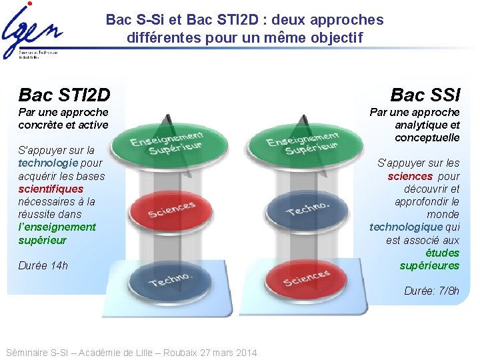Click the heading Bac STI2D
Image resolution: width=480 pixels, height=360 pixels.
[x=65, y=95]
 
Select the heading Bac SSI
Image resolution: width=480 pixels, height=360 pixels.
[x=425, y=95]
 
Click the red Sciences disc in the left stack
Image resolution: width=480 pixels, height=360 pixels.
[x=171, y=209]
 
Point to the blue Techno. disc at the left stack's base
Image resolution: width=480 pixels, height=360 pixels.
[x=171, y=280]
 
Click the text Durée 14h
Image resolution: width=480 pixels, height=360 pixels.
[x=43, y=265]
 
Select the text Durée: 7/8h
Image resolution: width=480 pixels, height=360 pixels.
[x=431, y=291]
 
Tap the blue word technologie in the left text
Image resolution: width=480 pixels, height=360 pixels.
[x=48, y=163]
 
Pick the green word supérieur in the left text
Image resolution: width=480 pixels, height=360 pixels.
[x=43, y=240]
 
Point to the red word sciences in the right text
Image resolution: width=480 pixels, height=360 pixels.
[x=410, y=176]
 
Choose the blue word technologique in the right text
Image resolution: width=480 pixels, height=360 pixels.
[x=406, y=227]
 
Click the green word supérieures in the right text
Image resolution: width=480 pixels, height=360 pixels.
[x=429, y=265]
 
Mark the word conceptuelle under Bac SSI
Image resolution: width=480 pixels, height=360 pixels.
[x=427, y=137]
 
